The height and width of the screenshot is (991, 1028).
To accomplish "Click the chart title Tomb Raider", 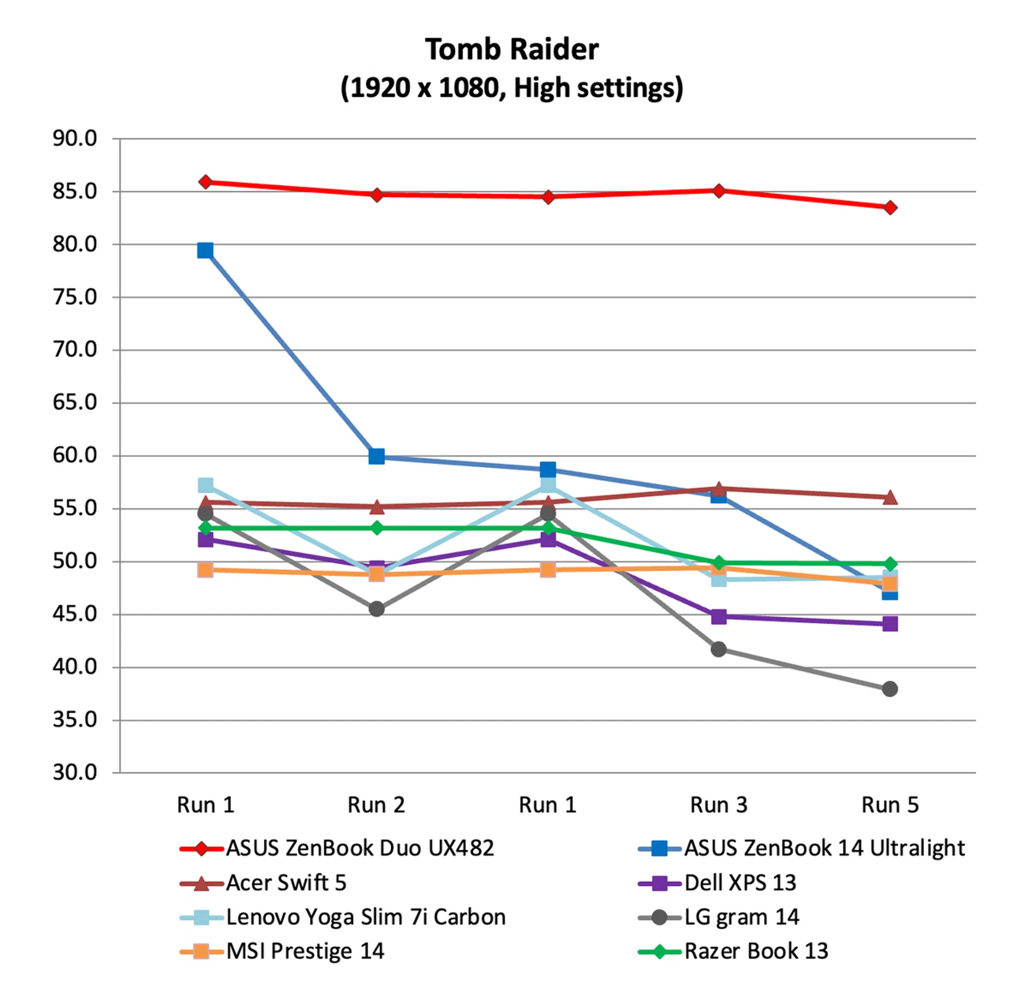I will pyautogui.click(x=511, y=50).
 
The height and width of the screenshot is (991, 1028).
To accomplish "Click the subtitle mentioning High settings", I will pyautogui.click(x=511, y=88).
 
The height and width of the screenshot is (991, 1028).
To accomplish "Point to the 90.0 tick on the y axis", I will pyautogui.click(x=74, y=139).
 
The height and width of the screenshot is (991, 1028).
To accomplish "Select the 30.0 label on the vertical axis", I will pyautogui.click(x=74, y=772).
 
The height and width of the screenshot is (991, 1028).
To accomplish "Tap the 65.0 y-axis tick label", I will pyautogui.click(x=74, y=402).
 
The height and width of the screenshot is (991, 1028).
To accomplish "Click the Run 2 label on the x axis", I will pyautogui.click(x=376, y=805).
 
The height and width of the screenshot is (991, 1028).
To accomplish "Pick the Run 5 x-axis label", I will pyautogui.click(x=889, y=805).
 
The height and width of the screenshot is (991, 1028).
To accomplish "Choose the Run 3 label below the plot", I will pyautogui.click(x=718, y=805).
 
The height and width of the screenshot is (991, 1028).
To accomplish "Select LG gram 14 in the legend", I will pyautogui.click(x=741, y=917).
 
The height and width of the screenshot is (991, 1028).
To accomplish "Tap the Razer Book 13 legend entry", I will pyautogui.click(x=755, y=951).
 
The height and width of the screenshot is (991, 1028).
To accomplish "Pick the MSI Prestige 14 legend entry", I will pyautogui.click(x=305, y=951).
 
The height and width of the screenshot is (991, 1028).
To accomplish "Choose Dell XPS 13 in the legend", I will pyautogui.click(x=739, y=882).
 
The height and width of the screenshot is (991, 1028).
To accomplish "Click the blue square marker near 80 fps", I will pyautogui.click(x=205, y=251).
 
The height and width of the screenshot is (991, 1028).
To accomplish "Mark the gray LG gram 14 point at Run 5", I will pyautogui.click(x=889, y=689).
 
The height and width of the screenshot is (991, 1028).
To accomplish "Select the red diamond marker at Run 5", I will pyautogui.click(x=890, y=208).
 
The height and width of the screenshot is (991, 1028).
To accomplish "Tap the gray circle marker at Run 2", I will pyautogui.click(x=376, y=609).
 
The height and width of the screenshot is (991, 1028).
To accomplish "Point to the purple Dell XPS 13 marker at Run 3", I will pyautogui.click(x=719, y=616).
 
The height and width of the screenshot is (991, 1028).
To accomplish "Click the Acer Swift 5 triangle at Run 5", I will pyautogui.click(x=890, y=497).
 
